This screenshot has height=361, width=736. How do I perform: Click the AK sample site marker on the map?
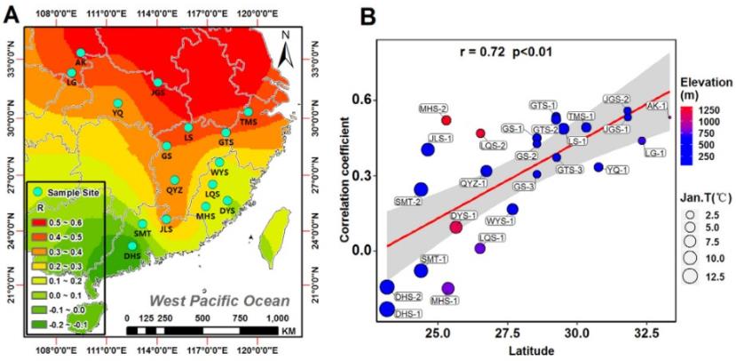click(x=81, y=53)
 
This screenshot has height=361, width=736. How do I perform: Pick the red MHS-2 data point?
click(x=447, y=120)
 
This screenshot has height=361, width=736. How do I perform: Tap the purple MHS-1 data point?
click(x=447, y=288)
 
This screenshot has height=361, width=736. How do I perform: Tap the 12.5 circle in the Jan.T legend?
click(x=689, y=277)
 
